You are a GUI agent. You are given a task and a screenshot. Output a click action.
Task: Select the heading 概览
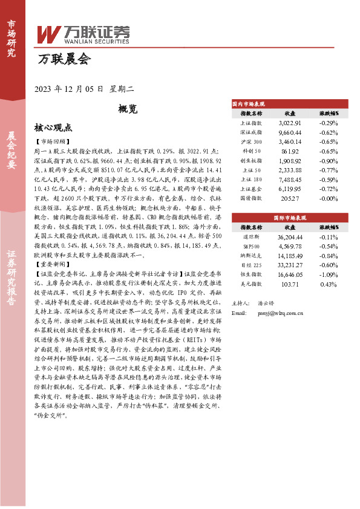pyautogui.click(x=128, y=109)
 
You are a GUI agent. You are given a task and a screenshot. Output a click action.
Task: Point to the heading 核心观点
pyautogui.click(x=53, y=128)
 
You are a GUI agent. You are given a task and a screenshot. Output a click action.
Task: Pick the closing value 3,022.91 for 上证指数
pyautogui.click(x=290, y=123)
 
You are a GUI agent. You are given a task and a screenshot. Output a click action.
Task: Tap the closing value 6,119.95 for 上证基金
pyautogui.click(x=290, y=189)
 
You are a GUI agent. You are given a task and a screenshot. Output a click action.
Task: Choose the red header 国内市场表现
pyautogui.click(x=249, y=104)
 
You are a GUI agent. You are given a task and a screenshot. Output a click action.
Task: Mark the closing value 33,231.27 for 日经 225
pyautogui.click(x=290, y=265)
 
